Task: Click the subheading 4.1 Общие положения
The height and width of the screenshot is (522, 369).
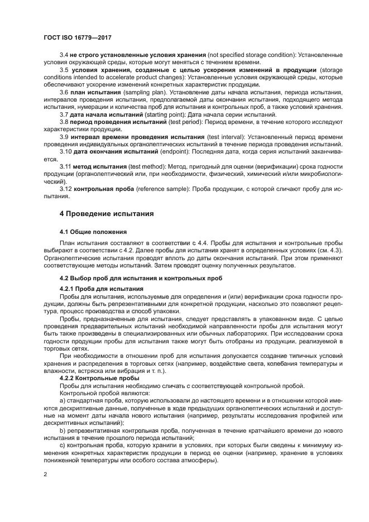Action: coord(93,231)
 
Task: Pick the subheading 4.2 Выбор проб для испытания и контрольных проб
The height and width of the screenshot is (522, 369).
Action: coord(141,277)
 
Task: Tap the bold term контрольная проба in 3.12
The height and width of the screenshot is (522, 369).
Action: coord(103,189)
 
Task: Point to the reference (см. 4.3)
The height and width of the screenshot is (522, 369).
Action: coord(329,251)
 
